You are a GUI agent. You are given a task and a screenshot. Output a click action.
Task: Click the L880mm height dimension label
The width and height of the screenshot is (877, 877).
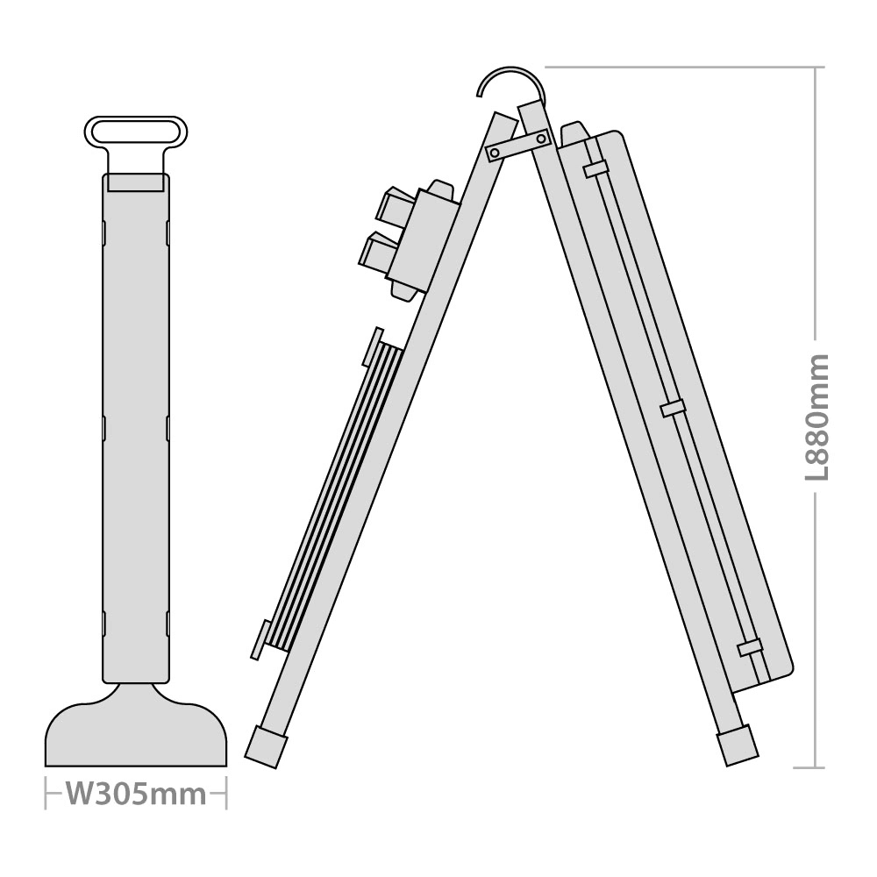point(816,417)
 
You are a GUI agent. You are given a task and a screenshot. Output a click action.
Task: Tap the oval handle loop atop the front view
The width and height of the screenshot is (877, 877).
point(136,132)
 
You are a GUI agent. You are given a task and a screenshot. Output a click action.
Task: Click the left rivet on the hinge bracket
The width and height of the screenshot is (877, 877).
point(493,152)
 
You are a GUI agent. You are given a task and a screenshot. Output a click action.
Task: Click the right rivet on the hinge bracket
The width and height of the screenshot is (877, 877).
point(541,137)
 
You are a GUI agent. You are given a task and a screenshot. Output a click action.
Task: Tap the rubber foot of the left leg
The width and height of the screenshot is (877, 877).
point(267,746)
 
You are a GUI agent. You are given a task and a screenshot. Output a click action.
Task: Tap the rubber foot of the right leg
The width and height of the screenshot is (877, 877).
point(738,745)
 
